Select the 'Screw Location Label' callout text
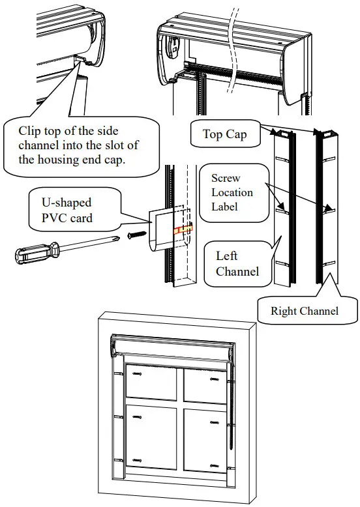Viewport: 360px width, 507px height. pos(232,192)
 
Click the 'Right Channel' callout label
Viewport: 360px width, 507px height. pos(305,311)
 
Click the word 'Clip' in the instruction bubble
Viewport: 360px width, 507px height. pos(30,131)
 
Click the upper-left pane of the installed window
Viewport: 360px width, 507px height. pos(151,383)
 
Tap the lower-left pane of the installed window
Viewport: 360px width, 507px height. pos(151,436)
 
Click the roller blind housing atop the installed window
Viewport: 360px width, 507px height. pos(173,347)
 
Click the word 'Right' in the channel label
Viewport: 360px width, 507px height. pos(284,311)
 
